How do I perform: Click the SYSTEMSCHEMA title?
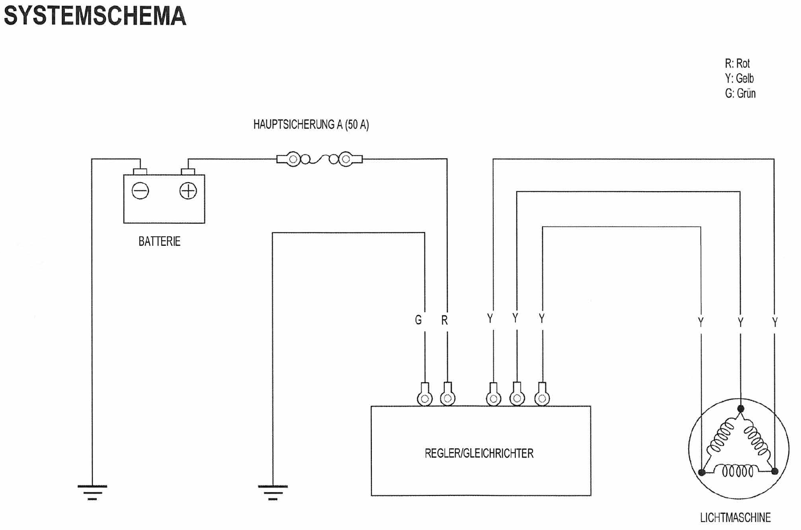[95, 16]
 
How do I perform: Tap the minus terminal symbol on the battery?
[140, 191]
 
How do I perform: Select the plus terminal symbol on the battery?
[188, 191]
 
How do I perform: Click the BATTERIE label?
[159, 241]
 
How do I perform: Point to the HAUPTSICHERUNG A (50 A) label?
[311, 125]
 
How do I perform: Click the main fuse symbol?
[319, 159]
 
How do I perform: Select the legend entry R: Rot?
[737, 64]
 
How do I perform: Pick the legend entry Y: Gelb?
[739, 78]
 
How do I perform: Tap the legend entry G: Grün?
[740, 93]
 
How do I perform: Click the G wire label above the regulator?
[418, 320]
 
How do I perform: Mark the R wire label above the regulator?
[444, 321]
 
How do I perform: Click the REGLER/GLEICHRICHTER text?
[479, 453]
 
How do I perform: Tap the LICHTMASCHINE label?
[735, 517]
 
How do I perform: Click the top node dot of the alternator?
[740, 408]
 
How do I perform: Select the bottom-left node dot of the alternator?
[702, 472]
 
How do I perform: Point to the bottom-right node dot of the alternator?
[775, 471]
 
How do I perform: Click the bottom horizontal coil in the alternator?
[738, 471]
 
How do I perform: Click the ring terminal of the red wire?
[447, 397]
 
